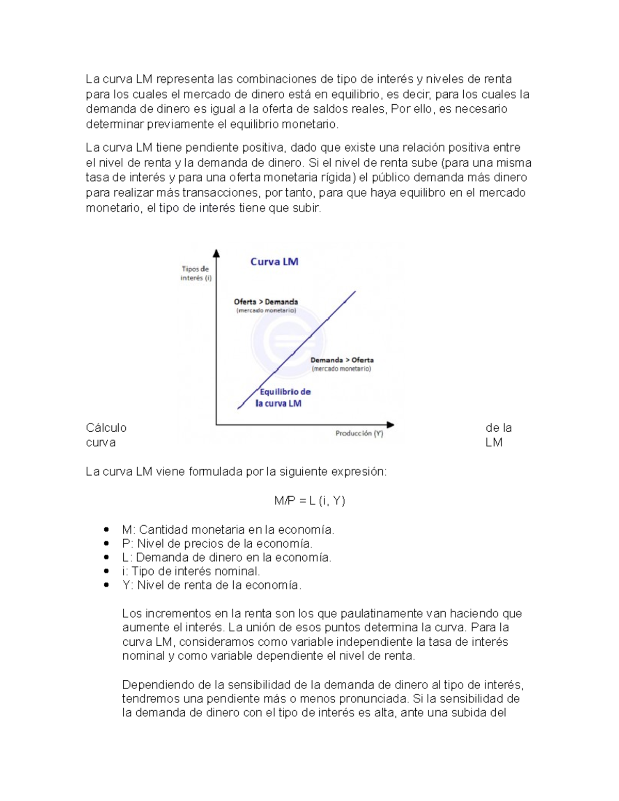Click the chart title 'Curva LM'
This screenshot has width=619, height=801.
tap(274, 261)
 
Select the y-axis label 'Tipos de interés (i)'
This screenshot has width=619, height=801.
tap(196, 273)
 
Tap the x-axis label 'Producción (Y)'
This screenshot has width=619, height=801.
tap(359, 433)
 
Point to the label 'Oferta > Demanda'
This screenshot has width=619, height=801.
tap(266, 302)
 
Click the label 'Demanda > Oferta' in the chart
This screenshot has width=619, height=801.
tap(341, 360)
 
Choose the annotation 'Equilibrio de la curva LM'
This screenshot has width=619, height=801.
tap(284, 398)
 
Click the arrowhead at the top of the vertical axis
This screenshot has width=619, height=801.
tap(216, 253)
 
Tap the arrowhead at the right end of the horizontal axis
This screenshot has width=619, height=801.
tap(390, 424)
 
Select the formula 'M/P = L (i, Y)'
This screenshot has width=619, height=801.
tap(309, 500)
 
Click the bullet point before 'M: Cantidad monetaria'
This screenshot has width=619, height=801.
tap(106, 529)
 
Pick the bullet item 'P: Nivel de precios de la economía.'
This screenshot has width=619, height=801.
tap(217, 544)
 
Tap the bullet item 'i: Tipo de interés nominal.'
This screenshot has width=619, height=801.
tap(191, 571)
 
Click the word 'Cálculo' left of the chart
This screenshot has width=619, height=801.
tap(106, 428)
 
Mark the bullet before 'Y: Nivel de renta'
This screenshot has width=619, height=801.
tap(106, 585)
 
